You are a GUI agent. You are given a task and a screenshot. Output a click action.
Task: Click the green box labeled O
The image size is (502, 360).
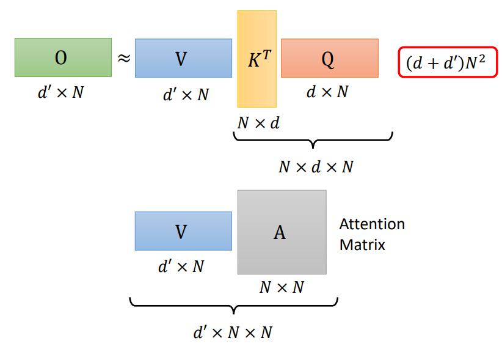click(63, 57)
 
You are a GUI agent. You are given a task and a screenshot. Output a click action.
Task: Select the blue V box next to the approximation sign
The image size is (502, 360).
click(183, 58)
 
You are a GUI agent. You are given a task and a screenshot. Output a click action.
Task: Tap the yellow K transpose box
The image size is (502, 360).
click(256, 59)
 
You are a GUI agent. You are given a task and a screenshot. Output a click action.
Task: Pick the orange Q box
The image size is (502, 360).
click(329, 58)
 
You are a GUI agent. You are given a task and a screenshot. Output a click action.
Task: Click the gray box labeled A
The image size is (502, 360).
click(282, 232)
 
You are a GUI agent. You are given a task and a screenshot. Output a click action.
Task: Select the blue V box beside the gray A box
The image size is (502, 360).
click(183, 231)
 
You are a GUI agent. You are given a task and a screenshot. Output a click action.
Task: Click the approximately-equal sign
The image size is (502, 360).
click(123, 59)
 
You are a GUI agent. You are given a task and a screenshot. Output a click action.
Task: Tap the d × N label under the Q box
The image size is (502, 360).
click(327, 92)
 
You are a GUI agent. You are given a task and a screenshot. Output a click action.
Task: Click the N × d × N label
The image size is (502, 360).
click(315, 167)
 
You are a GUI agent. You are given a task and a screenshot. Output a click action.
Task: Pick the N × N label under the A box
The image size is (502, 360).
click(282, 287)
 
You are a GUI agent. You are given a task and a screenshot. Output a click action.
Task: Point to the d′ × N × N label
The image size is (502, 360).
click(233, 332)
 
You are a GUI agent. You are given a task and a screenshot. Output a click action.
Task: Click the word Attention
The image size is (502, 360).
click(372, 224)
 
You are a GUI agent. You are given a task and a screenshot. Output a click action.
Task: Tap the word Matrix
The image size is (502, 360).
click(362, 245)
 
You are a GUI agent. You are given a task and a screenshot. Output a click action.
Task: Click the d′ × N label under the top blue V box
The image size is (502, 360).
click(186, 95)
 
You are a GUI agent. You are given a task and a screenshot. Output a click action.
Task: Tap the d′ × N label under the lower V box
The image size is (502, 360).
click(181, 266)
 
